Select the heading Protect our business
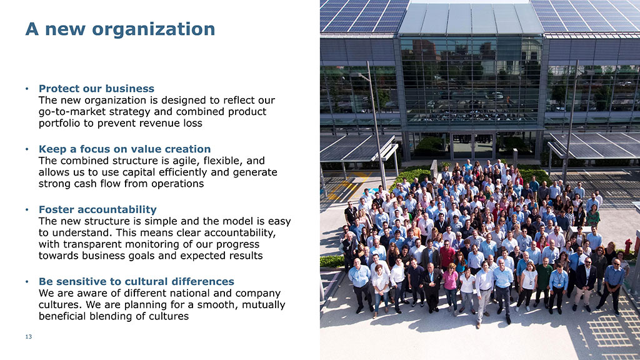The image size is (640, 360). pyautogui.click(x=96, y=89)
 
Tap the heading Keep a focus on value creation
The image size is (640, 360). pyautogui.click(x=124, y=149)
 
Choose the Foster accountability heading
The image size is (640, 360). pyautogui.click(x=97, y=209)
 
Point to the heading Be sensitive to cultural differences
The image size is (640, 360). pyautogui.click(x=136, y=282)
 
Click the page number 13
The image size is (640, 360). pyautogui.click(x=29, y=337)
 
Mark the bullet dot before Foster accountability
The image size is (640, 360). pyautogui.click(x=27, y=210)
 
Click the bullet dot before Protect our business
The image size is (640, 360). pyautogui.click(x=27, y=89)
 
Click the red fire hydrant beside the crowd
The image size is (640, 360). pyautogui.click(x=629, y=246)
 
